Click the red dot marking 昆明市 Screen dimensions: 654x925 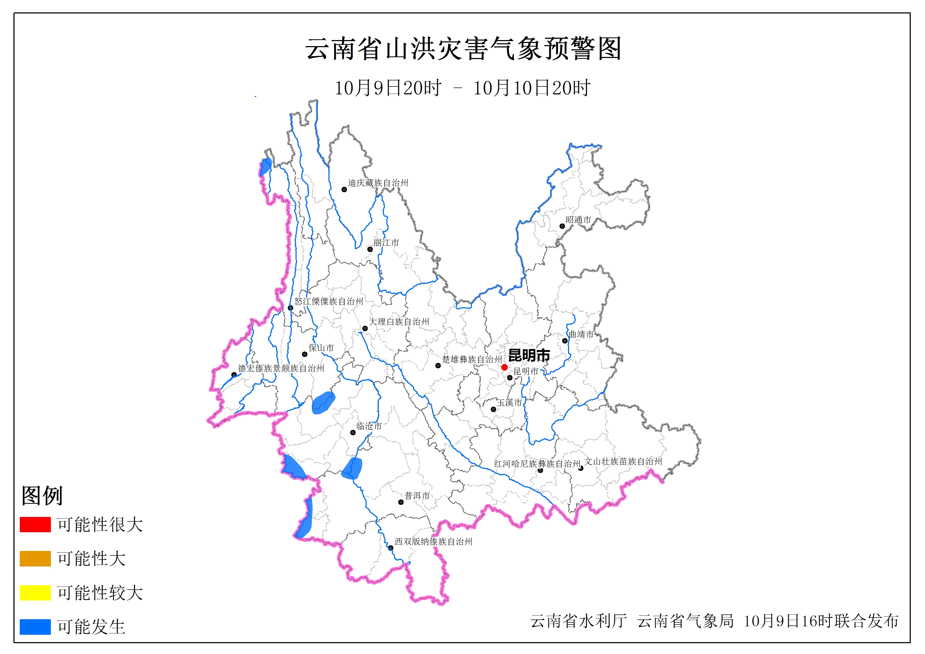[x=504, y=367]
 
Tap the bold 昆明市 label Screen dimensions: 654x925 [x=529, y=355]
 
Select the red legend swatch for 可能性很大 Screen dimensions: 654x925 [x=35, y=524]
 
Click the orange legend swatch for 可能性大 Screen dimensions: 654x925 [x=35, y=559]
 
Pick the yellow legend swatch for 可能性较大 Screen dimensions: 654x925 [x=35, y=592]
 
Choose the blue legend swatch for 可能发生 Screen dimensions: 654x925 [x=35, y=627]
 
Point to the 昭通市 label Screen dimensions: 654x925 [x=578, y=220]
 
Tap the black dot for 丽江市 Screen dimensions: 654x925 [x=370, y=249]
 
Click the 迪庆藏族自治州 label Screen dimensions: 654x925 [x=378, y=183]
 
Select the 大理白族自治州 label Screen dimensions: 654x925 [x=399, y=322]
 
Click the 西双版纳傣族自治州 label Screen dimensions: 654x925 [x=433, y=542]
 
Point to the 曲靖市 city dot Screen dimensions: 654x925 [x=565, y=341]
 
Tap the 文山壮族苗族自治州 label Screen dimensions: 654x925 [x=623, y=461]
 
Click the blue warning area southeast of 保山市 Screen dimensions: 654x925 [x=323, y=403]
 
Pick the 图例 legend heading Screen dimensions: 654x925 [x=42, y=495]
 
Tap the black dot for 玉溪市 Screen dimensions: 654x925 [x=493, y=409]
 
